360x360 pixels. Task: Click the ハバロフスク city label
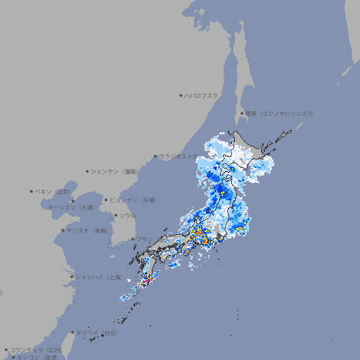201,95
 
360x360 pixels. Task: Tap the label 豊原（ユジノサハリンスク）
280,113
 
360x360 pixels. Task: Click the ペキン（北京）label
53,191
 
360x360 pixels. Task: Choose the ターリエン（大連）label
70,207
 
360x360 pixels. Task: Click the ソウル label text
127,215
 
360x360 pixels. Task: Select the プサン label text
144,239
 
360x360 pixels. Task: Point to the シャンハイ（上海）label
97,277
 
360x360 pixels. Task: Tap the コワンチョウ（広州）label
35,349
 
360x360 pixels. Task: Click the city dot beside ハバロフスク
181,95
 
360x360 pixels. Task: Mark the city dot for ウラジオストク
155,156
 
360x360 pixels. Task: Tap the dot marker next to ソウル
115,215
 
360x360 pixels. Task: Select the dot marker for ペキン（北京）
32,191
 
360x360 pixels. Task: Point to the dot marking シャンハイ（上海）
72,277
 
